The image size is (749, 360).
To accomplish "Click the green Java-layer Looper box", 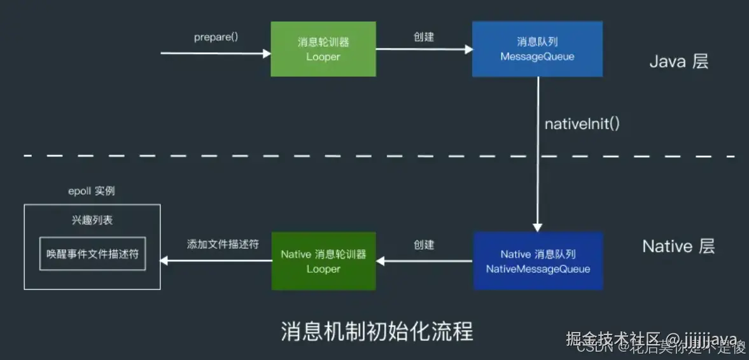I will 323,49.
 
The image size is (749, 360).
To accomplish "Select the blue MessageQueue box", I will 537,49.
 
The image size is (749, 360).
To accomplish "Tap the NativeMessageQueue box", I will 538,261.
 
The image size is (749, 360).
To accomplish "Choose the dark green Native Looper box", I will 323,261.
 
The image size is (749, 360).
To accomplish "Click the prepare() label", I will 216,37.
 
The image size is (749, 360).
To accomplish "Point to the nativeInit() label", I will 582,123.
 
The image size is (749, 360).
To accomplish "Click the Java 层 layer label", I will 678,62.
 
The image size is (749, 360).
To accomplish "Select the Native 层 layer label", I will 678,247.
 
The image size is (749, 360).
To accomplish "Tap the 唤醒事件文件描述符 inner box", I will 92,254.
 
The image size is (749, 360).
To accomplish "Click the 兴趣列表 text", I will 92,220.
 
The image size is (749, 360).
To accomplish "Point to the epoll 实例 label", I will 92,191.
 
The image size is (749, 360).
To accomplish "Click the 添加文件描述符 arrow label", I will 223,244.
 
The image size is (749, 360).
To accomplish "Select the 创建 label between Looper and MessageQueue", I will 424,37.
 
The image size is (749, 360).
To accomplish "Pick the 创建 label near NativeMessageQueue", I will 424,244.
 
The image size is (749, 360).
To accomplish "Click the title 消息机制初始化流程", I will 377,331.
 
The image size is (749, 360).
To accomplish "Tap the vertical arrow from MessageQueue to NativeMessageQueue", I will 538,153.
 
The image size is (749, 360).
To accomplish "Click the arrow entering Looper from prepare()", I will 216,53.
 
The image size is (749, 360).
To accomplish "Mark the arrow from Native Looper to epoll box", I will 216,260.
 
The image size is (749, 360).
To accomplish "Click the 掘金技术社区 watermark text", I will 615,338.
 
